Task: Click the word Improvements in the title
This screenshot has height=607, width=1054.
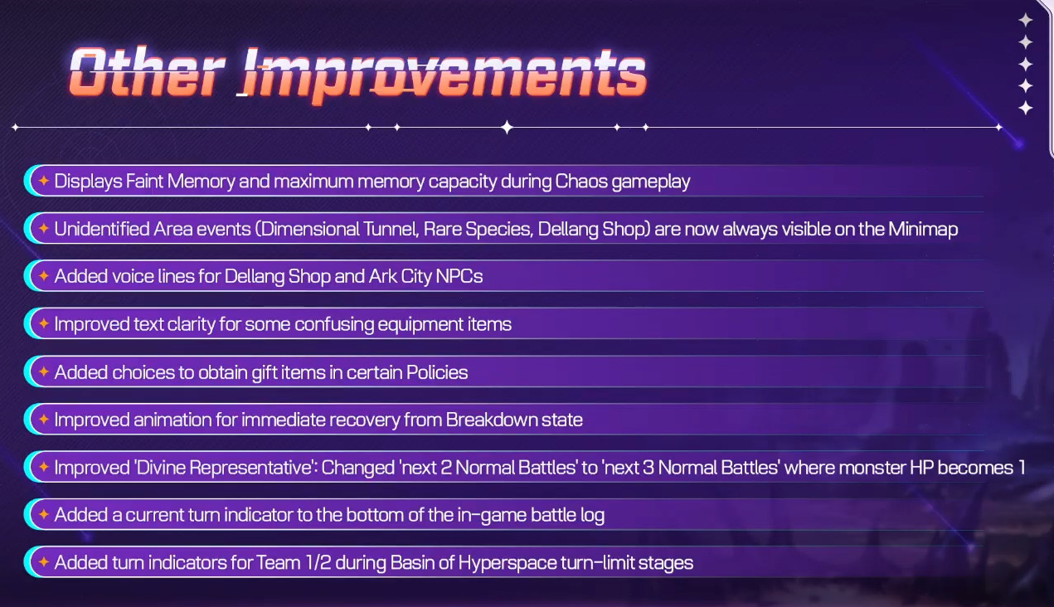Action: [444, 76]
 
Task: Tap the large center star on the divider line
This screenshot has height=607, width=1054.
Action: [507, 127]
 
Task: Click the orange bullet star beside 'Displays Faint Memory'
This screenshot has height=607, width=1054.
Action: [44, 181]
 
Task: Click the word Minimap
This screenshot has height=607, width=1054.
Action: [923, 229]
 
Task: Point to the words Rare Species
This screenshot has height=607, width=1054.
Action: [478, 229]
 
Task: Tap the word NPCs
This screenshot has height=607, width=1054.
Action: [459, 276]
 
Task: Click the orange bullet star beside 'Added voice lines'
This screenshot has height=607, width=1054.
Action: [44, 276]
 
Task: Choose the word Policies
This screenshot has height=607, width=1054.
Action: [437, 372]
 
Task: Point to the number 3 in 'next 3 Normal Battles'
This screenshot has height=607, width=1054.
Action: [648, 468]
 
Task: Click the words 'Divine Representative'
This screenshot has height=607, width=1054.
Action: [225, 468]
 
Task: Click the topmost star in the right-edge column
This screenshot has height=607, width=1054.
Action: [1026, 20]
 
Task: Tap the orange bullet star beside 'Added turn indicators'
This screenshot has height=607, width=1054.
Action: [44, 562]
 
